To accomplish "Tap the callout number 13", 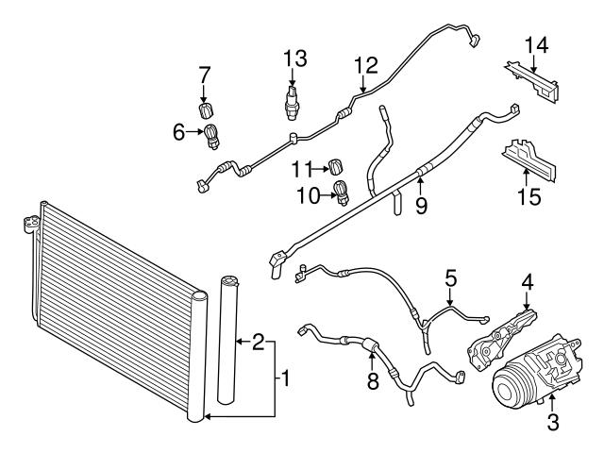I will [295, 59].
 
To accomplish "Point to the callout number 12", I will [365, 65].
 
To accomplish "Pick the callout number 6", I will [180, 133].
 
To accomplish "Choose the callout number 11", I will [302, 169].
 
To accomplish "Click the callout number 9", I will [421, 203].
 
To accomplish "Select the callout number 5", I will [451, 278].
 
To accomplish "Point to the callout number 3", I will [553, 422].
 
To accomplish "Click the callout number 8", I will [373, 382].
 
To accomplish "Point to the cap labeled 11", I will [333, 168].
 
